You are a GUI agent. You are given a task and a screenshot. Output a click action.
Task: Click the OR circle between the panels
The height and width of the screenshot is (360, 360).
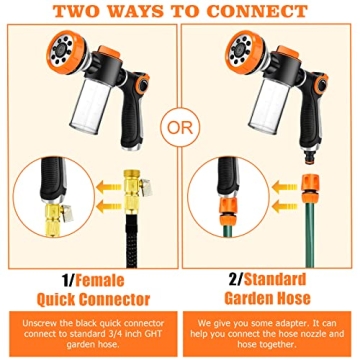[x=180, y=129]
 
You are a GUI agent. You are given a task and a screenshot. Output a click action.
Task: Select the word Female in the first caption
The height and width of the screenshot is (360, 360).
[x=100, y=281]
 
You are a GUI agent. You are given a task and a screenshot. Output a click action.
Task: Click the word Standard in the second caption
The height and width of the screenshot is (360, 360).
[x=275, y=280]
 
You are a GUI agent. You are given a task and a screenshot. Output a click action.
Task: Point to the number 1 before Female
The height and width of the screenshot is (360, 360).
[x=66, y=281]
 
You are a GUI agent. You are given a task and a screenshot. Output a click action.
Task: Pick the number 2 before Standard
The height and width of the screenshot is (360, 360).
[x=233, y=280]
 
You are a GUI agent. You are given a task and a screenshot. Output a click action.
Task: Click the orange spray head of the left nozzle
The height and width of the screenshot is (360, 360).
[x=66, y=54]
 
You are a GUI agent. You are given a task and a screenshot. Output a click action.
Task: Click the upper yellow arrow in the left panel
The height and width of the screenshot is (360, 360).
[x=108, y=188]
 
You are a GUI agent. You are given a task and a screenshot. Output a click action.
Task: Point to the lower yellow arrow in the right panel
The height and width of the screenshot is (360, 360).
[x=283, y=208]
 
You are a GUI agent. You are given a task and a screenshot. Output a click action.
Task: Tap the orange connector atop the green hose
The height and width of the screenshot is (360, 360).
[x=311, y=189]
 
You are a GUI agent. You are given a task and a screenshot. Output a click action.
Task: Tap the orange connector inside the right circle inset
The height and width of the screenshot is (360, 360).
[x=228, y=212]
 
